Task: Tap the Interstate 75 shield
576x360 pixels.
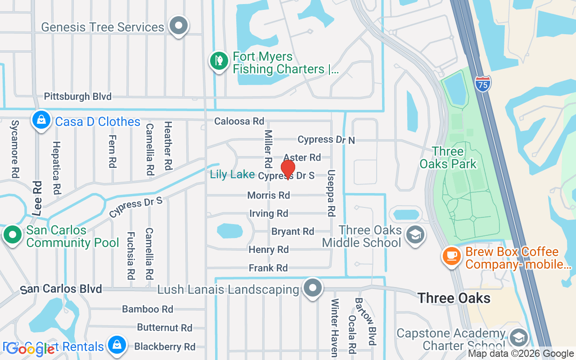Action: click(x=482, y=84)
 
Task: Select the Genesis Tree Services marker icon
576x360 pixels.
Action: click(x=179, y=26)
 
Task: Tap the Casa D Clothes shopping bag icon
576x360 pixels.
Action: click(x=41, y=120)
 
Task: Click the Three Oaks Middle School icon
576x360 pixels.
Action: click(x=415, y=234)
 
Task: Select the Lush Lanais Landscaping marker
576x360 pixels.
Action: click(x=312, y=288)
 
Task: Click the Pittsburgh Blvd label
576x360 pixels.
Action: click(x=77, y=96)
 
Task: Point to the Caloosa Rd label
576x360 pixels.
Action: click(x=239, y=121)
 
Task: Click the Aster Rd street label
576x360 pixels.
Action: click(x=302, y=157)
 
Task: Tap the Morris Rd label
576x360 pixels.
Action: click(x=269, y=195)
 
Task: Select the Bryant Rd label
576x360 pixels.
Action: click(x=292, y=231)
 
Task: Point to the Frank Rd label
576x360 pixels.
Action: click(x=268, y=268)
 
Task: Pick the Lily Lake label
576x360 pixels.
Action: click(x=232, y=175)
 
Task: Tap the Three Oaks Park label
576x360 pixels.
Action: click(x=448, y=157)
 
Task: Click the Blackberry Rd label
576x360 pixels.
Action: click(x=165, y=347)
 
